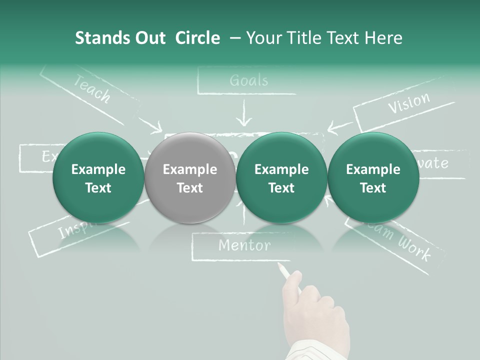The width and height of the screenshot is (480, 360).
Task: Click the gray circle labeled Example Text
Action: coord(190,178)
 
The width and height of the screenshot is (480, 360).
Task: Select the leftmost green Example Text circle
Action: coord(98,178)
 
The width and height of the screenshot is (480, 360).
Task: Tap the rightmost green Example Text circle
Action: coord(373,178)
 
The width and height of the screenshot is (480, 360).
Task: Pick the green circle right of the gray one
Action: coord(281,178)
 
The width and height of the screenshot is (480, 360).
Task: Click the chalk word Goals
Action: coord(248,80)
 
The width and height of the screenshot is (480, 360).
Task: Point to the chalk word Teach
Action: coord(92,88)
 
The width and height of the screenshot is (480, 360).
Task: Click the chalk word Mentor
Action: coord(244,245)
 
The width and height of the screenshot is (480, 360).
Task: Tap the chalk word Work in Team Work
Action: coord(414,248)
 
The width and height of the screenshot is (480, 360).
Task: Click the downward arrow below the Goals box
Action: coord(244,115)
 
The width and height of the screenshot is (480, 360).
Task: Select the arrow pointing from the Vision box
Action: coord(340,126)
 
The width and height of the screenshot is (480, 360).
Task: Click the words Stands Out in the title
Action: coord(120,38)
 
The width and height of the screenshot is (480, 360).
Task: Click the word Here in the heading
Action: coord(384,38)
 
